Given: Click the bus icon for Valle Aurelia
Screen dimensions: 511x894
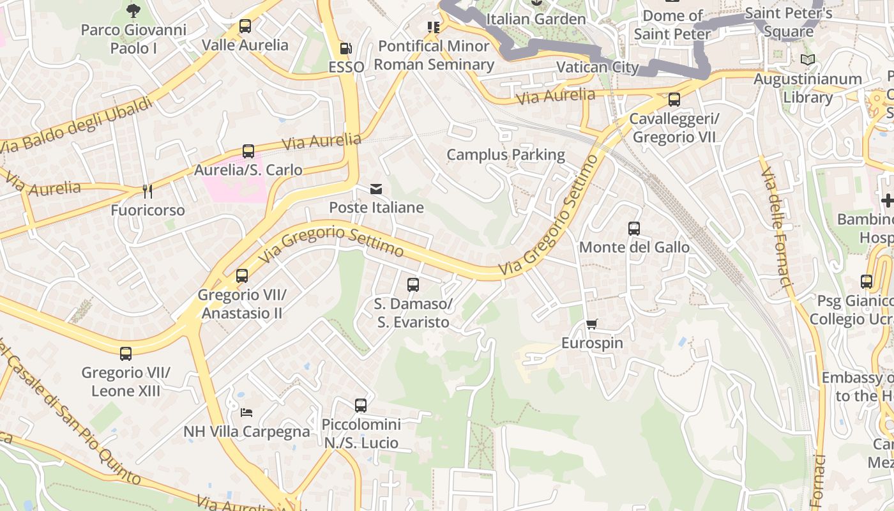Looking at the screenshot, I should point(245,26).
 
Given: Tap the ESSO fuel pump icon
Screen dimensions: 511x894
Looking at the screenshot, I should point(345,48).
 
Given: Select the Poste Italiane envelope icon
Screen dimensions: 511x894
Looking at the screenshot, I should point(376,189).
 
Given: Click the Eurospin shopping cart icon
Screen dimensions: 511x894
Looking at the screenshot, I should point(592,324).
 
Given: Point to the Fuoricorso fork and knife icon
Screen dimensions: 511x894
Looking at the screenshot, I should point(148,191).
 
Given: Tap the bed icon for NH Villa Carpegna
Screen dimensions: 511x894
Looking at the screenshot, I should point(246,413).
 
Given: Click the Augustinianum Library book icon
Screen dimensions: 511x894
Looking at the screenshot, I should point(808,60).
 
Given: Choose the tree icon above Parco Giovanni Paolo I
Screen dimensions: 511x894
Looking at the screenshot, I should point(133,10).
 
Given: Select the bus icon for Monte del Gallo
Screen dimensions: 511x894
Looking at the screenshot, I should point(634,228).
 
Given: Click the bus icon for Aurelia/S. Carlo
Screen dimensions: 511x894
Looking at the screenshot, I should point(248,151).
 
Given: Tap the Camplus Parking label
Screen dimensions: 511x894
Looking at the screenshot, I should point(506,155).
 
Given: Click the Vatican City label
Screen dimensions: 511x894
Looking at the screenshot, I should point(598,67).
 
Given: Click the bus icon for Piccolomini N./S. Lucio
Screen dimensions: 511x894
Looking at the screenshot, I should point(361,405).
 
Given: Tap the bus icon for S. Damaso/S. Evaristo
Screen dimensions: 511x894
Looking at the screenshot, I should point(413,285).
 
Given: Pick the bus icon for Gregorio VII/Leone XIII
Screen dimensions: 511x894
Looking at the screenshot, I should point(126,353).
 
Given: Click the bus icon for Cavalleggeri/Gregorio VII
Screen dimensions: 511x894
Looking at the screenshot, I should point(674,100).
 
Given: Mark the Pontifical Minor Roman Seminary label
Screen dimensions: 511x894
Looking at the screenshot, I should point(434,55).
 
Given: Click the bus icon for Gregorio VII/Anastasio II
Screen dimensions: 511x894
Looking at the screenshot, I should point(242,276).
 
